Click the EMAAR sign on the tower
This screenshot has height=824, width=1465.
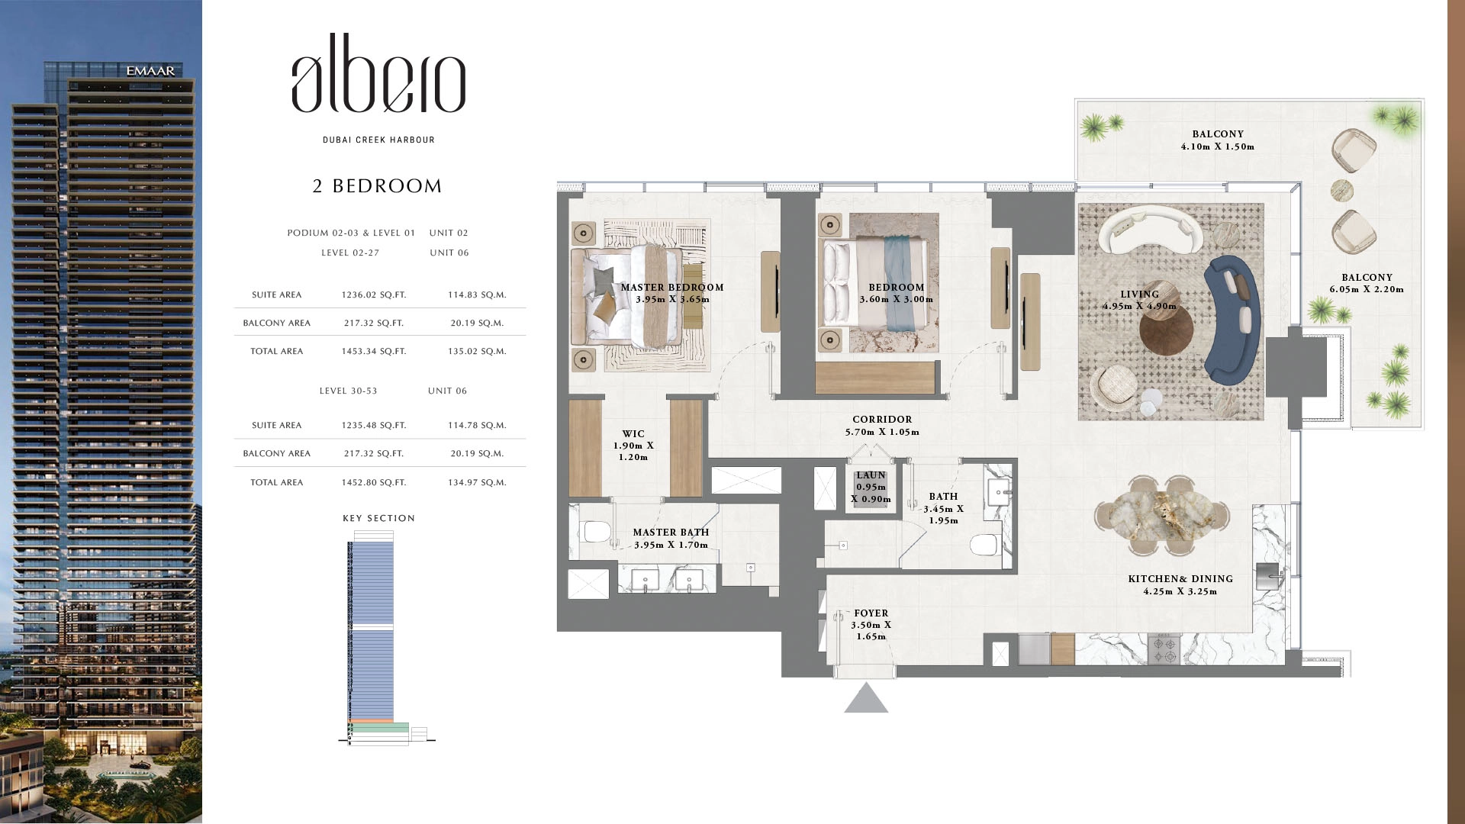150,71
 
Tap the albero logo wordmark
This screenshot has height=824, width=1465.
378,73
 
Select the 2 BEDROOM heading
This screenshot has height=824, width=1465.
378,186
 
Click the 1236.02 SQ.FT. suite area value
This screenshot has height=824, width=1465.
374,295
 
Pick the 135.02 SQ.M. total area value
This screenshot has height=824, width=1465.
477,352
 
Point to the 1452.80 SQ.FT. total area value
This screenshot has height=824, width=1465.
374,483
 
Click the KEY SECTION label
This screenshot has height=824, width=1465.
379,518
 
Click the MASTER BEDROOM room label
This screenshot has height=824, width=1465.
672,288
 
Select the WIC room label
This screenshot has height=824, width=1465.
633,434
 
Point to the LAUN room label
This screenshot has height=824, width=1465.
871,475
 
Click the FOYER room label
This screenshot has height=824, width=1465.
871,613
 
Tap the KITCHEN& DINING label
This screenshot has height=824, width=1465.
1180,579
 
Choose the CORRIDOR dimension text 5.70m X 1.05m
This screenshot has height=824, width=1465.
882,432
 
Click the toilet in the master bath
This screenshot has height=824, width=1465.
593,530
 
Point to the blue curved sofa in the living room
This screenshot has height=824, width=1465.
1228,320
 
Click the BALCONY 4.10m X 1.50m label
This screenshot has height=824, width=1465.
1218,140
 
